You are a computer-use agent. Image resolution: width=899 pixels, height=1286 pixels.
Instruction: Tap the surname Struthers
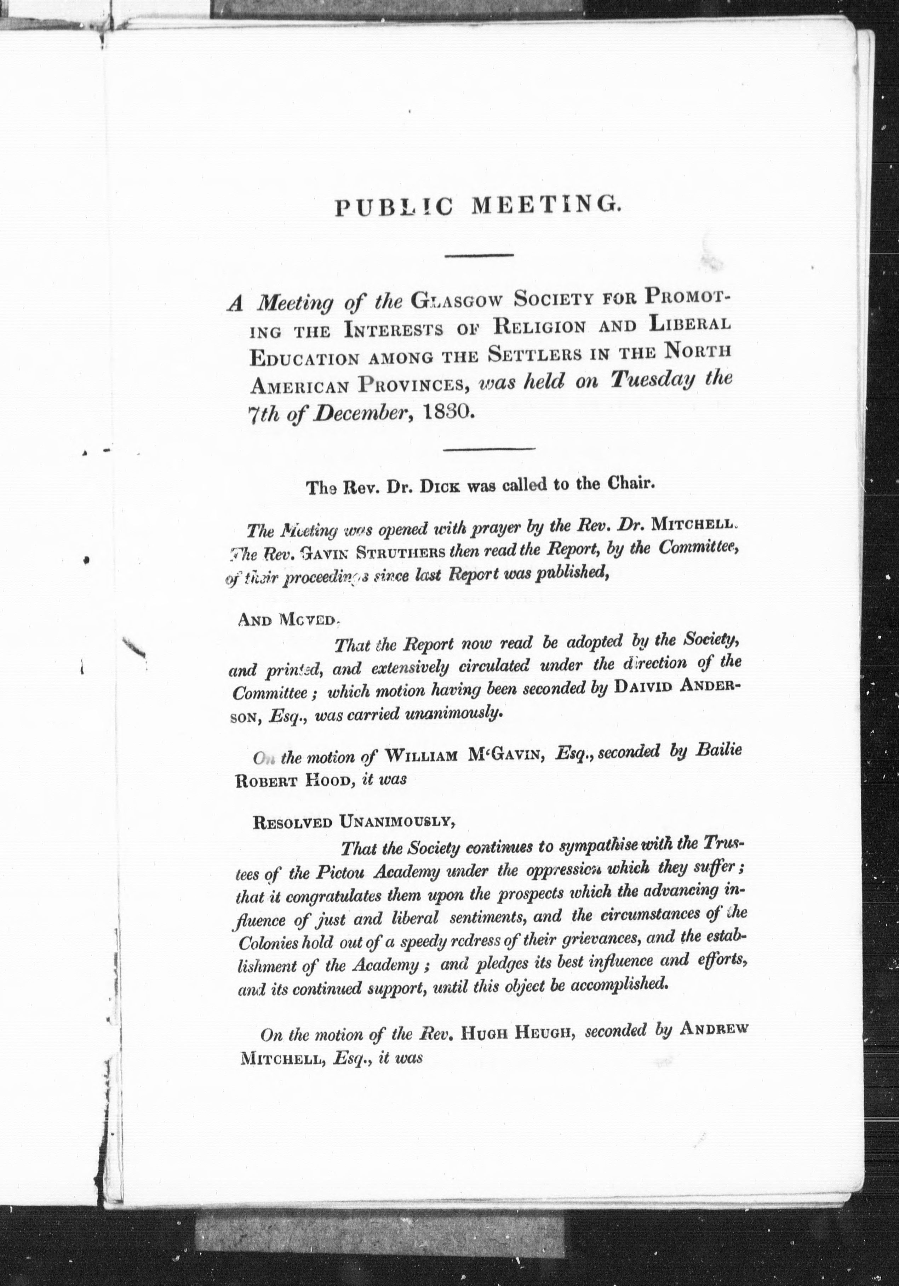[401, 552]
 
